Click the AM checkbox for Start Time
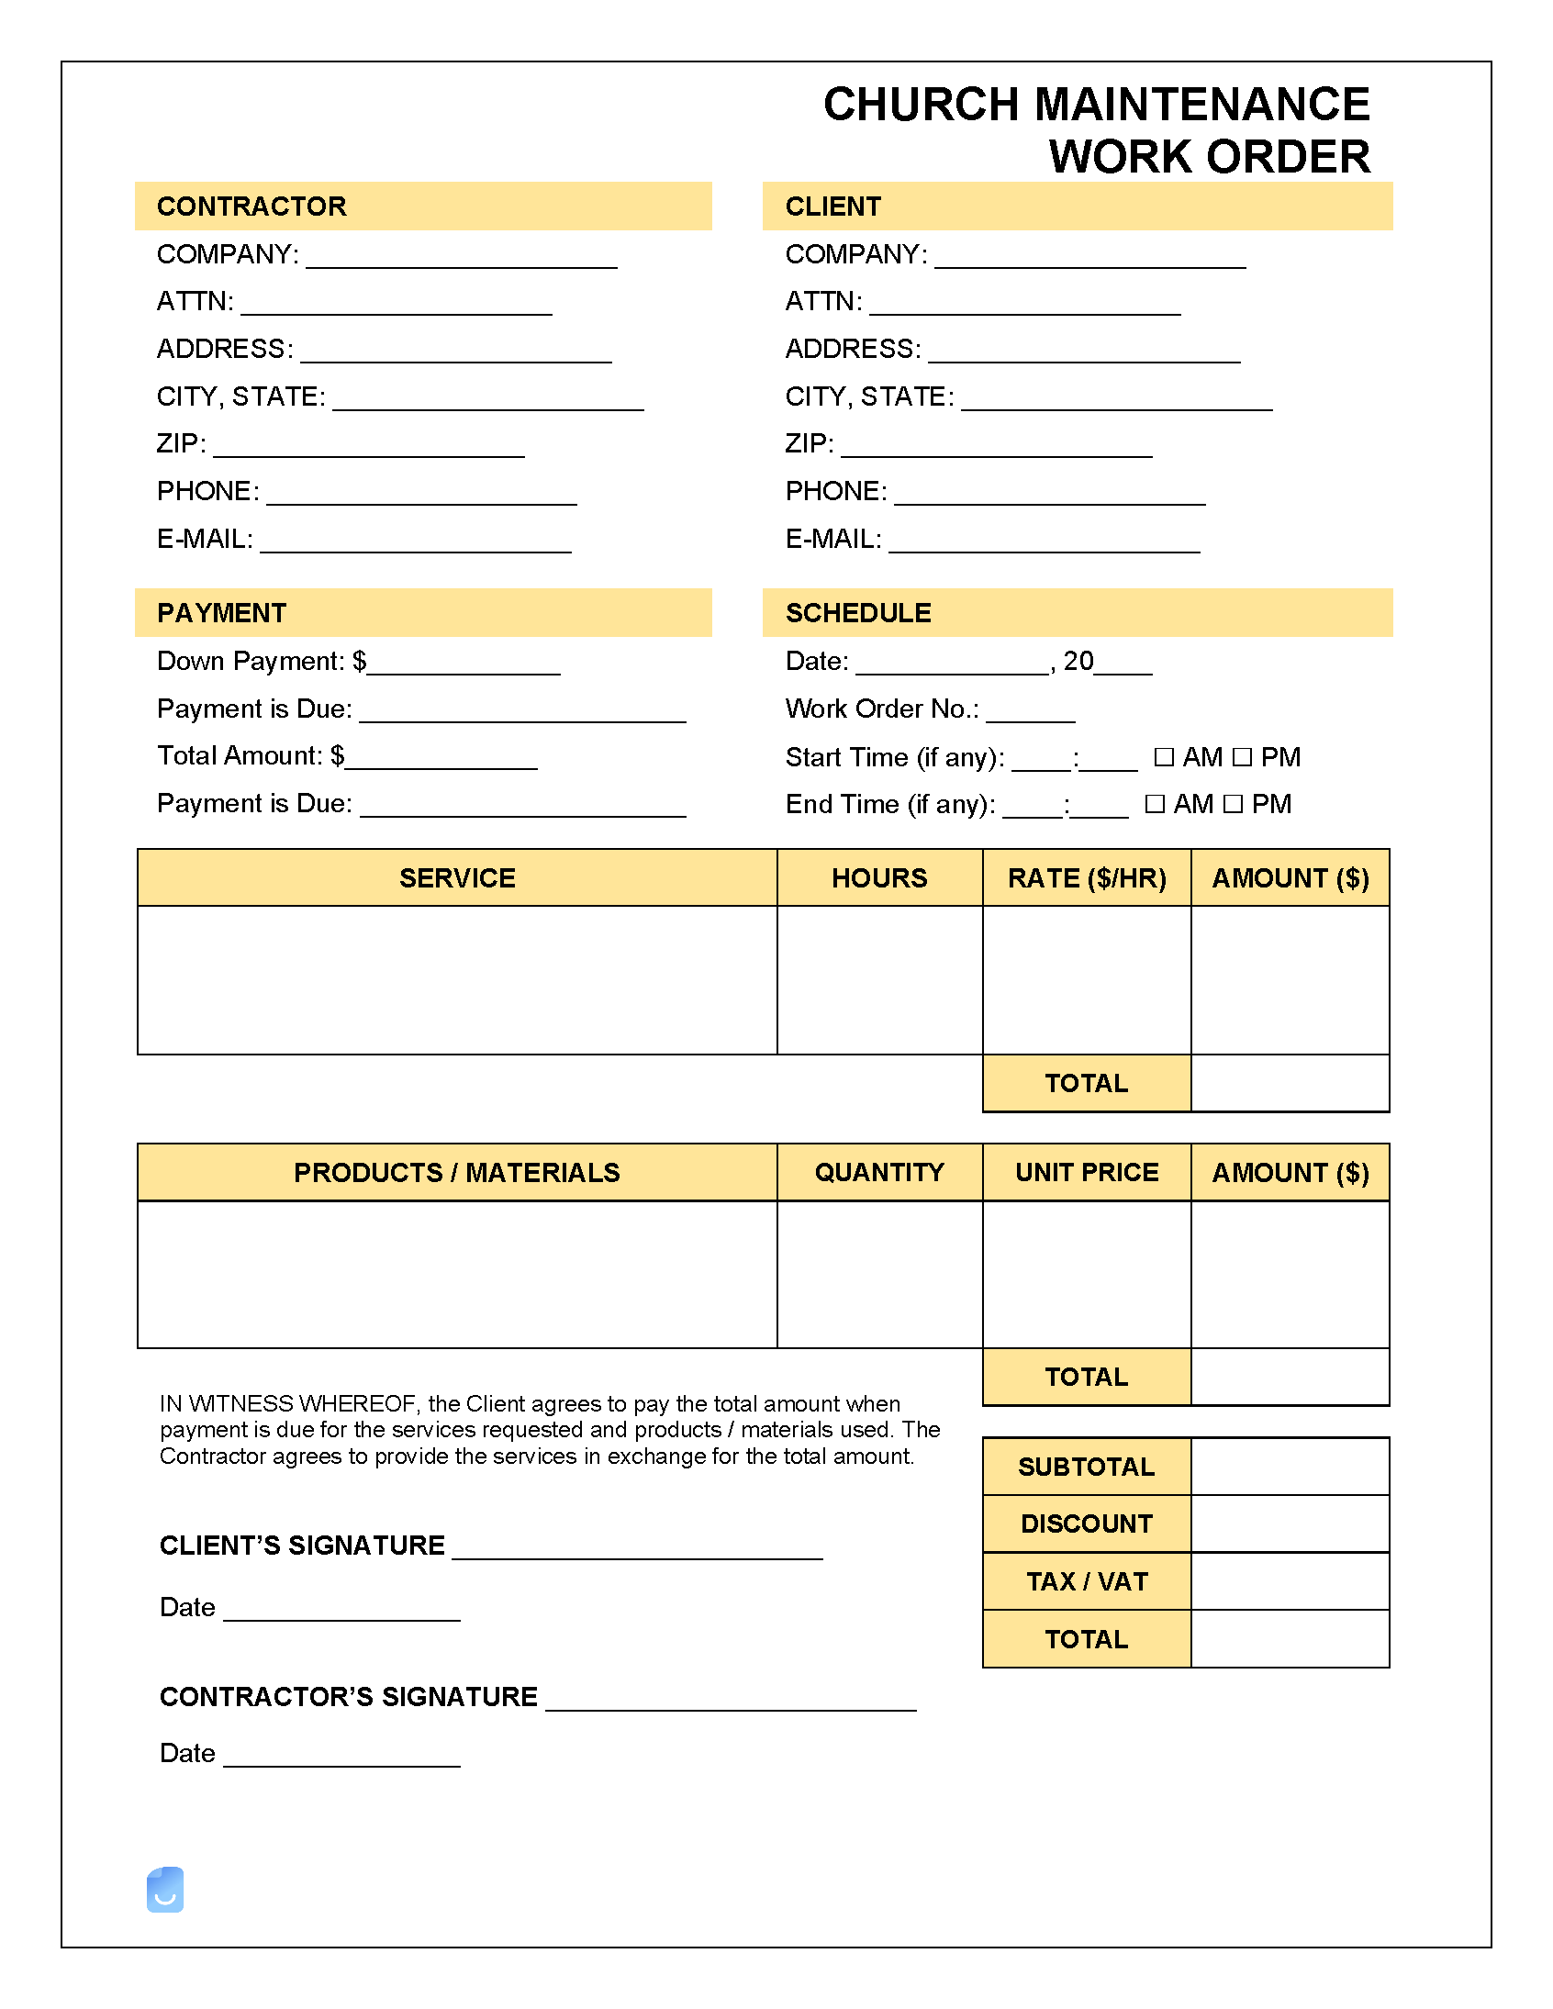pos(1164,757)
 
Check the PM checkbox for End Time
pos(1233,804)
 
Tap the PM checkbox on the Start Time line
pos(1242,757)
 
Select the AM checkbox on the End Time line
pos(1155,804)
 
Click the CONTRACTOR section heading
pos(251,206)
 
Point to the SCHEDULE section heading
pos(857,613)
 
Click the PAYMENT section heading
pos(222,613)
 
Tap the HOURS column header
pos(878,877)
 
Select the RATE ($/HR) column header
pos(1087,877)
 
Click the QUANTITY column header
pos(878,1172)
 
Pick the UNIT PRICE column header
pos(1087,1172)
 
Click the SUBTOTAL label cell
pos(1086,1467)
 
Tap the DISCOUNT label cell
pos(1086,1523)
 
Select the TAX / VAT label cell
pos(1086,1581)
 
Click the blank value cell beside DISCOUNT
pos(1289,1523)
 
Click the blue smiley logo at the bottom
pos(165,1890)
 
